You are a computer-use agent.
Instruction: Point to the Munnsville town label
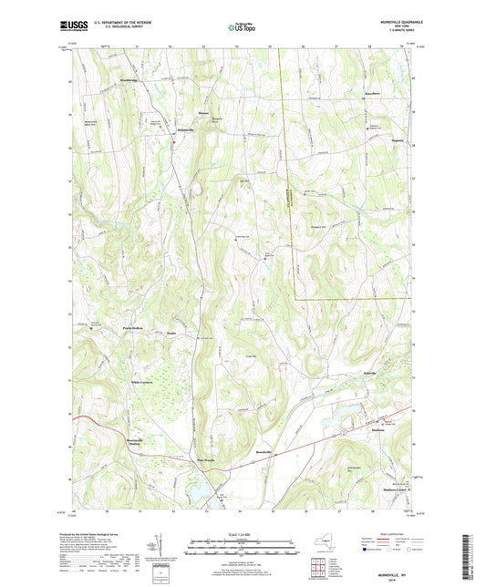184,130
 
